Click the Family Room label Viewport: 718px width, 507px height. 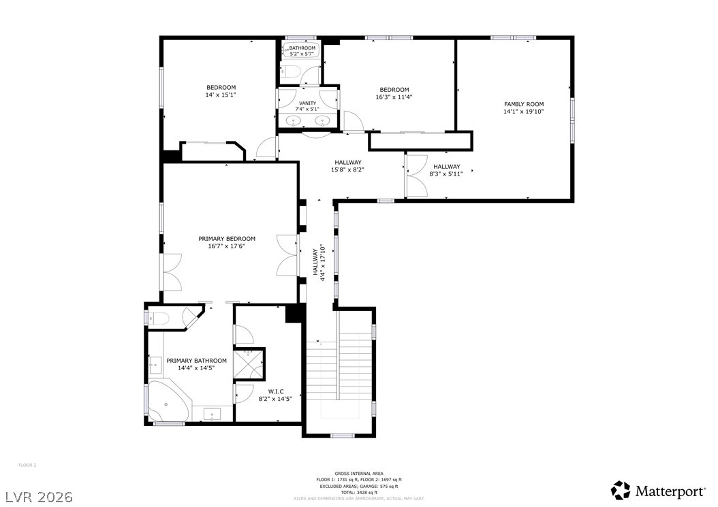click(x=523, y=104)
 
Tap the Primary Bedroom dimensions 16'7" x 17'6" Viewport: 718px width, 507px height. click(x=227, y=246)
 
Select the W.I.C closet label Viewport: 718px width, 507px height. click(x=276, y=391)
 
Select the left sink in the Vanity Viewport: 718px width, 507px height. click(x=294, y=121)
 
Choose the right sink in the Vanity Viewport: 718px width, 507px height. click(x=323, y=121)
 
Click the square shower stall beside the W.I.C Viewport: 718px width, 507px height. click(x=249, y=363)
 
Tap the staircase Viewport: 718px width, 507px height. click(x=339, y=378)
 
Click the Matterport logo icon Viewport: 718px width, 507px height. click(x=621, y=490)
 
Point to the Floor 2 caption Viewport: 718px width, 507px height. click(x=27, y=465)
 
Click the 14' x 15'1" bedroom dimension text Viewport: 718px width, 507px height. click(x=221, y=95)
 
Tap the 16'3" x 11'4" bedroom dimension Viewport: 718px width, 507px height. click(x=394, y=97)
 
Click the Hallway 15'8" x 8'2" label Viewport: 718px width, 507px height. click(x=347, y=166)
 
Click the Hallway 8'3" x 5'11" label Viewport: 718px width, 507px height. click(x=447, y=170)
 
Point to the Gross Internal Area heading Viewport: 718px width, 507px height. click(x=358, y=473)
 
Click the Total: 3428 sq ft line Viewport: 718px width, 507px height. click(x=358, y=492)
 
